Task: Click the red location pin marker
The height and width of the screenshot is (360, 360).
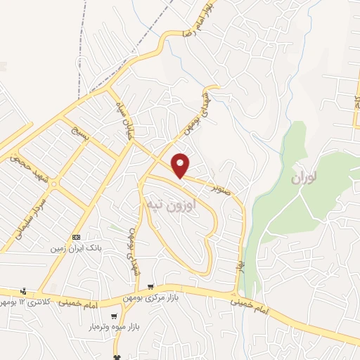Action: (181, 165)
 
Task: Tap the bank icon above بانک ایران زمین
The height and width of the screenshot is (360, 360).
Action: (76, 237)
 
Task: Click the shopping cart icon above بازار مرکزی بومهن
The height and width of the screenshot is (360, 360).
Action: (151, 287)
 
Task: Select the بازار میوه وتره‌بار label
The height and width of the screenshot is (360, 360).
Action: (112, 326)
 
